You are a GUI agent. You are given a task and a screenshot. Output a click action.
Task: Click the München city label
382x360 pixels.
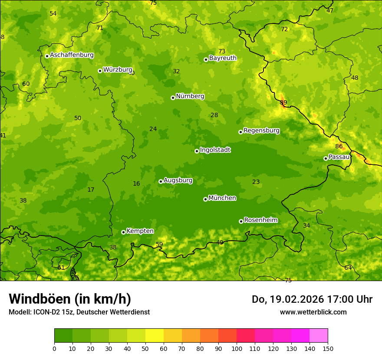222,198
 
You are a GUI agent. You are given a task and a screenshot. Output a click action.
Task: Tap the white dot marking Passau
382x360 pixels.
326,158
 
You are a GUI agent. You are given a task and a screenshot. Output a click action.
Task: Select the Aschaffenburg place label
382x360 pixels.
72,55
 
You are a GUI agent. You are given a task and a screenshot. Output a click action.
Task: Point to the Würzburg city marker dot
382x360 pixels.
100,71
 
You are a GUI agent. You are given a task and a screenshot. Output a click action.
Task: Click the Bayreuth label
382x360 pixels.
223,58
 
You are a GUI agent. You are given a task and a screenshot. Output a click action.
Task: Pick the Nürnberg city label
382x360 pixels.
190,96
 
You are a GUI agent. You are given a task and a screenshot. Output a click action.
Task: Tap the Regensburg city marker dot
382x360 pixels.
240,132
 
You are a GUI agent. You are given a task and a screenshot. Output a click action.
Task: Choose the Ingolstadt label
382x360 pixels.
215,150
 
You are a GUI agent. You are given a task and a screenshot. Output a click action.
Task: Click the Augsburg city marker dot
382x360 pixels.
161,181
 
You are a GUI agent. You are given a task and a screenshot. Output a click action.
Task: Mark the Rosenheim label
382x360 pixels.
260,220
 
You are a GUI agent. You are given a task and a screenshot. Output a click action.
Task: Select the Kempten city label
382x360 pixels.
140,231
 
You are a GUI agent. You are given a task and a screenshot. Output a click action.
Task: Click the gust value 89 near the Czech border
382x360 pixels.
283,103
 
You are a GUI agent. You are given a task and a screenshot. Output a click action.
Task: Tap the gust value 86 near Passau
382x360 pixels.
339,147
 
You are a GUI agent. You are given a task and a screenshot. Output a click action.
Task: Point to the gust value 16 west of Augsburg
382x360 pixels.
136,184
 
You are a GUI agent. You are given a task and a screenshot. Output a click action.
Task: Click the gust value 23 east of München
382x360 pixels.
256,182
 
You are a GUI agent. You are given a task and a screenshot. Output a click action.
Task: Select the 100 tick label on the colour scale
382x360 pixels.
237,348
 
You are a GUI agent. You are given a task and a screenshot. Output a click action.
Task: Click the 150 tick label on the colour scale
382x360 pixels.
328,348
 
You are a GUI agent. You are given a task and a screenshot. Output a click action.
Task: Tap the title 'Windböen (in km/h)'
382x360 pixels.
70,299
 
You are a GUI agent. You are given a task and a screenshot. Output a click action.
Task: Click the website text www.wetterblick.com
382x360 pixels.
313,312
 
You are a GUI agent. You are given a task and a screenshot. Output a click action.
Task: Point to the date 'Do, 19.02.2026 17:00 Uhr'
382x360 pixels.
312,299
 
